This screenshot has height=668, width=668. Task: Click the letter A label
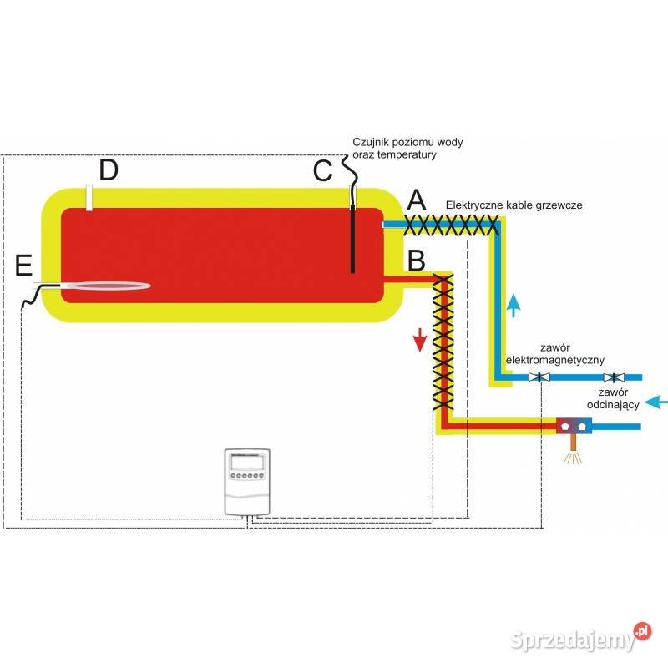coord(416,200)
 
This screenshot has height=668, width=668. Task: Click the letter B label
coord(416,261)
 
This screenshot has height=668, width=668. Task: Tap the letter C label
coord(323,170)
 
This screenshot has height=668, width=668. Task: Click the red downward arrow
coord(420,339)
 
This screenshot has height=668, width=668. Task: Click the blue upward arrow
coord(515,304)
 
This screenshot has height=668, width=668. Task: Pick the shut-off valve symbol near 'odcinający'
coord(615,377)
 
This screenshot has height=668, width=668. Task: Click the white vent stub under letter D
coord(88,197)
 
